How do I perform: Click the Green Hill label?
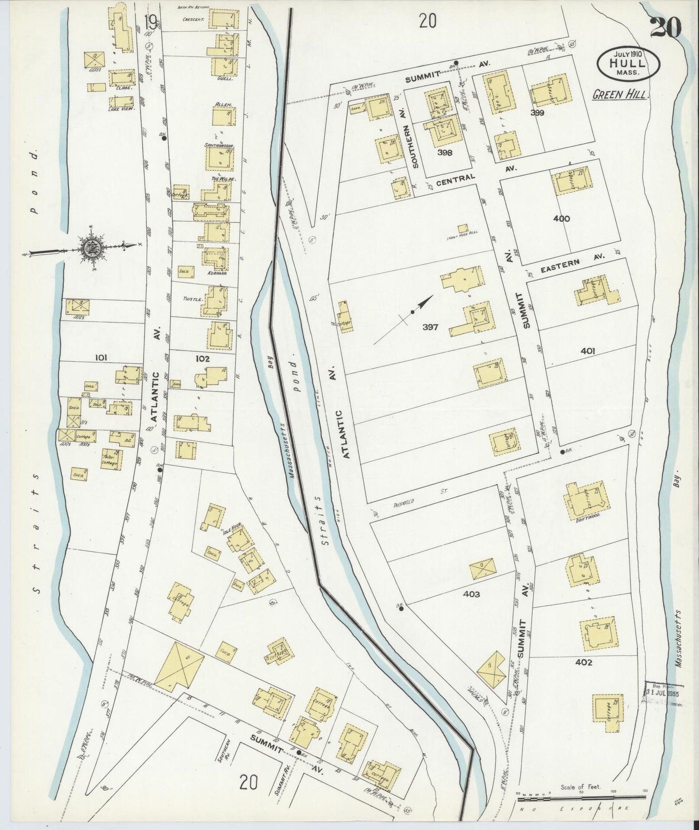click(619, 95)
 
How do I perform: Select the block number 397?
click(430, 327)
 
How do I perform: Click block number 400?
click(561, 218)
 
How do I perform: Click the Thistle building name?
click(192, 299)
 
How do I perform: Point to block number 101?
click(101, 358)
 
